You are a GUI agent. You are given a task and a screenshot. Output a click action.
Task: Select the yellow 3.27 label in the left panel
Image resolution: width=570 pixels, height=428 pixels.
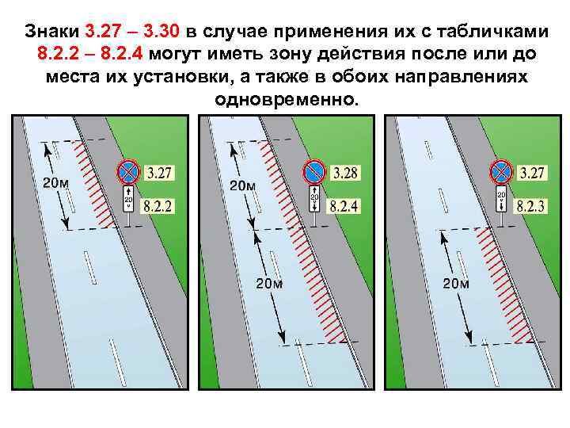pos(160,172)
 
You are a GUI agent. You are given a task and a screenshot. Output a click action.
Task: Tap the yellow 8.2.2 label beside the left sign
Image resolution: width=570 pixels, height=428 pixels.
pos(159,206)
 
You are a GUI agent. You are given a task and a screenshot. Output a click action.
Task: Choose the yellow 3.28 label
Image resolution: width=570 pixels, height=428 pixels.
pos(346,172)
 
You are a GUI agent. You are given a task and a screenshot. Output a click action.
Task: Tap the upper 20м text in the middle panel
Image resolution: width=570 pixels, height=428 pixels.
pos(243,185)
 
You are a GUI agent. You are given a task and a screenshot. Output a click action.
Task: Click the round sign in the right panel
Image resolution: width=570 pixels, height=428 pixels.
pos(500,171)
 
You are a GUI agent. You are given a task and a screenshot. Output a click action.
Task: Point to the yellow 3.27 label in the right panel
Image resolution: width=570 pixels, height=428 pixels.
pos(532,172)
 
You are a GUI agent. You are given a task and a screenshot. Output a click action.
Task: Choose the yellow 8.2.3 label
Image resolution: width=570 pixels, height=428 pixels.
pos(532,206)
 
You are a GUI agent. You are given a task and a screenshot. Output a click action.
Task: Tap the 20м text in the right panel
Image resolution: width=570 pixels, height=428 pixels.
pos(455,284)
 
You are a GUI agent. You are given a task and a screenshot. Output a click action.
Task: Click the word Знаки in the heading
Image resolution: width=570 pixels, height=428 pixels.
pos(51,32)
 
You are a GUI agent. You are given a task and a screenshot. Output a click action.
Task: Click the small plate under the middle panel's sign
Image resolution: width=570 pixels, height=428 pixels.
pos(313,197)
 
